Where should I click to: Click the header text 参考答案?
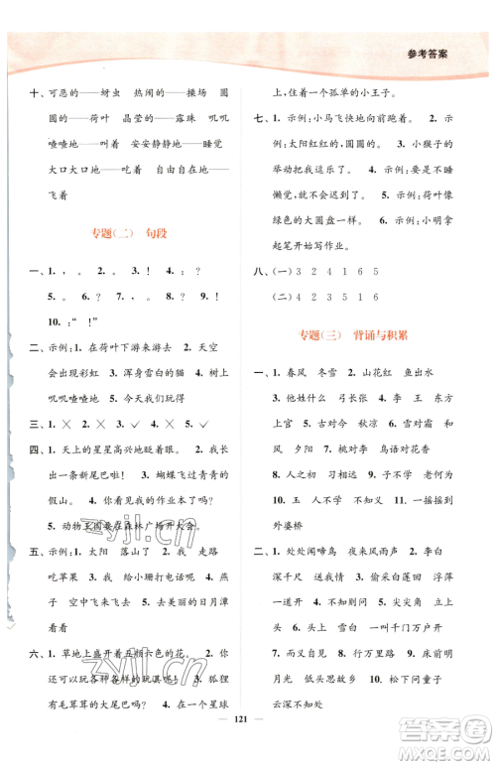click(x=450, y=56)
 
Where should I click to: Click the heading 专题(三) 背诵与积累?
click(x=369, y=337)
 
